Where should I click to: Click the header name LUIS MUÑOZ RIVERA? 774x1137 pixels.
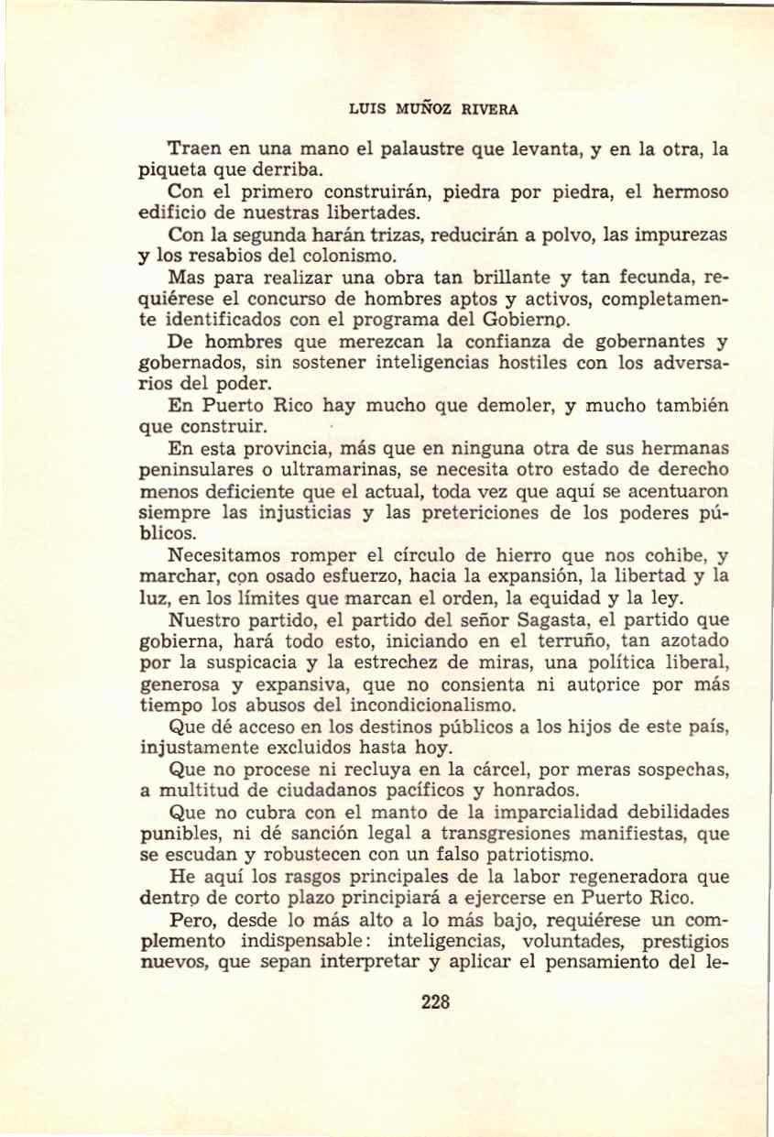[x=434, y=109]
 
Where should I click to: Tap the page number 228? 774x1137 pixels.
[x=435, y=1001]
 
